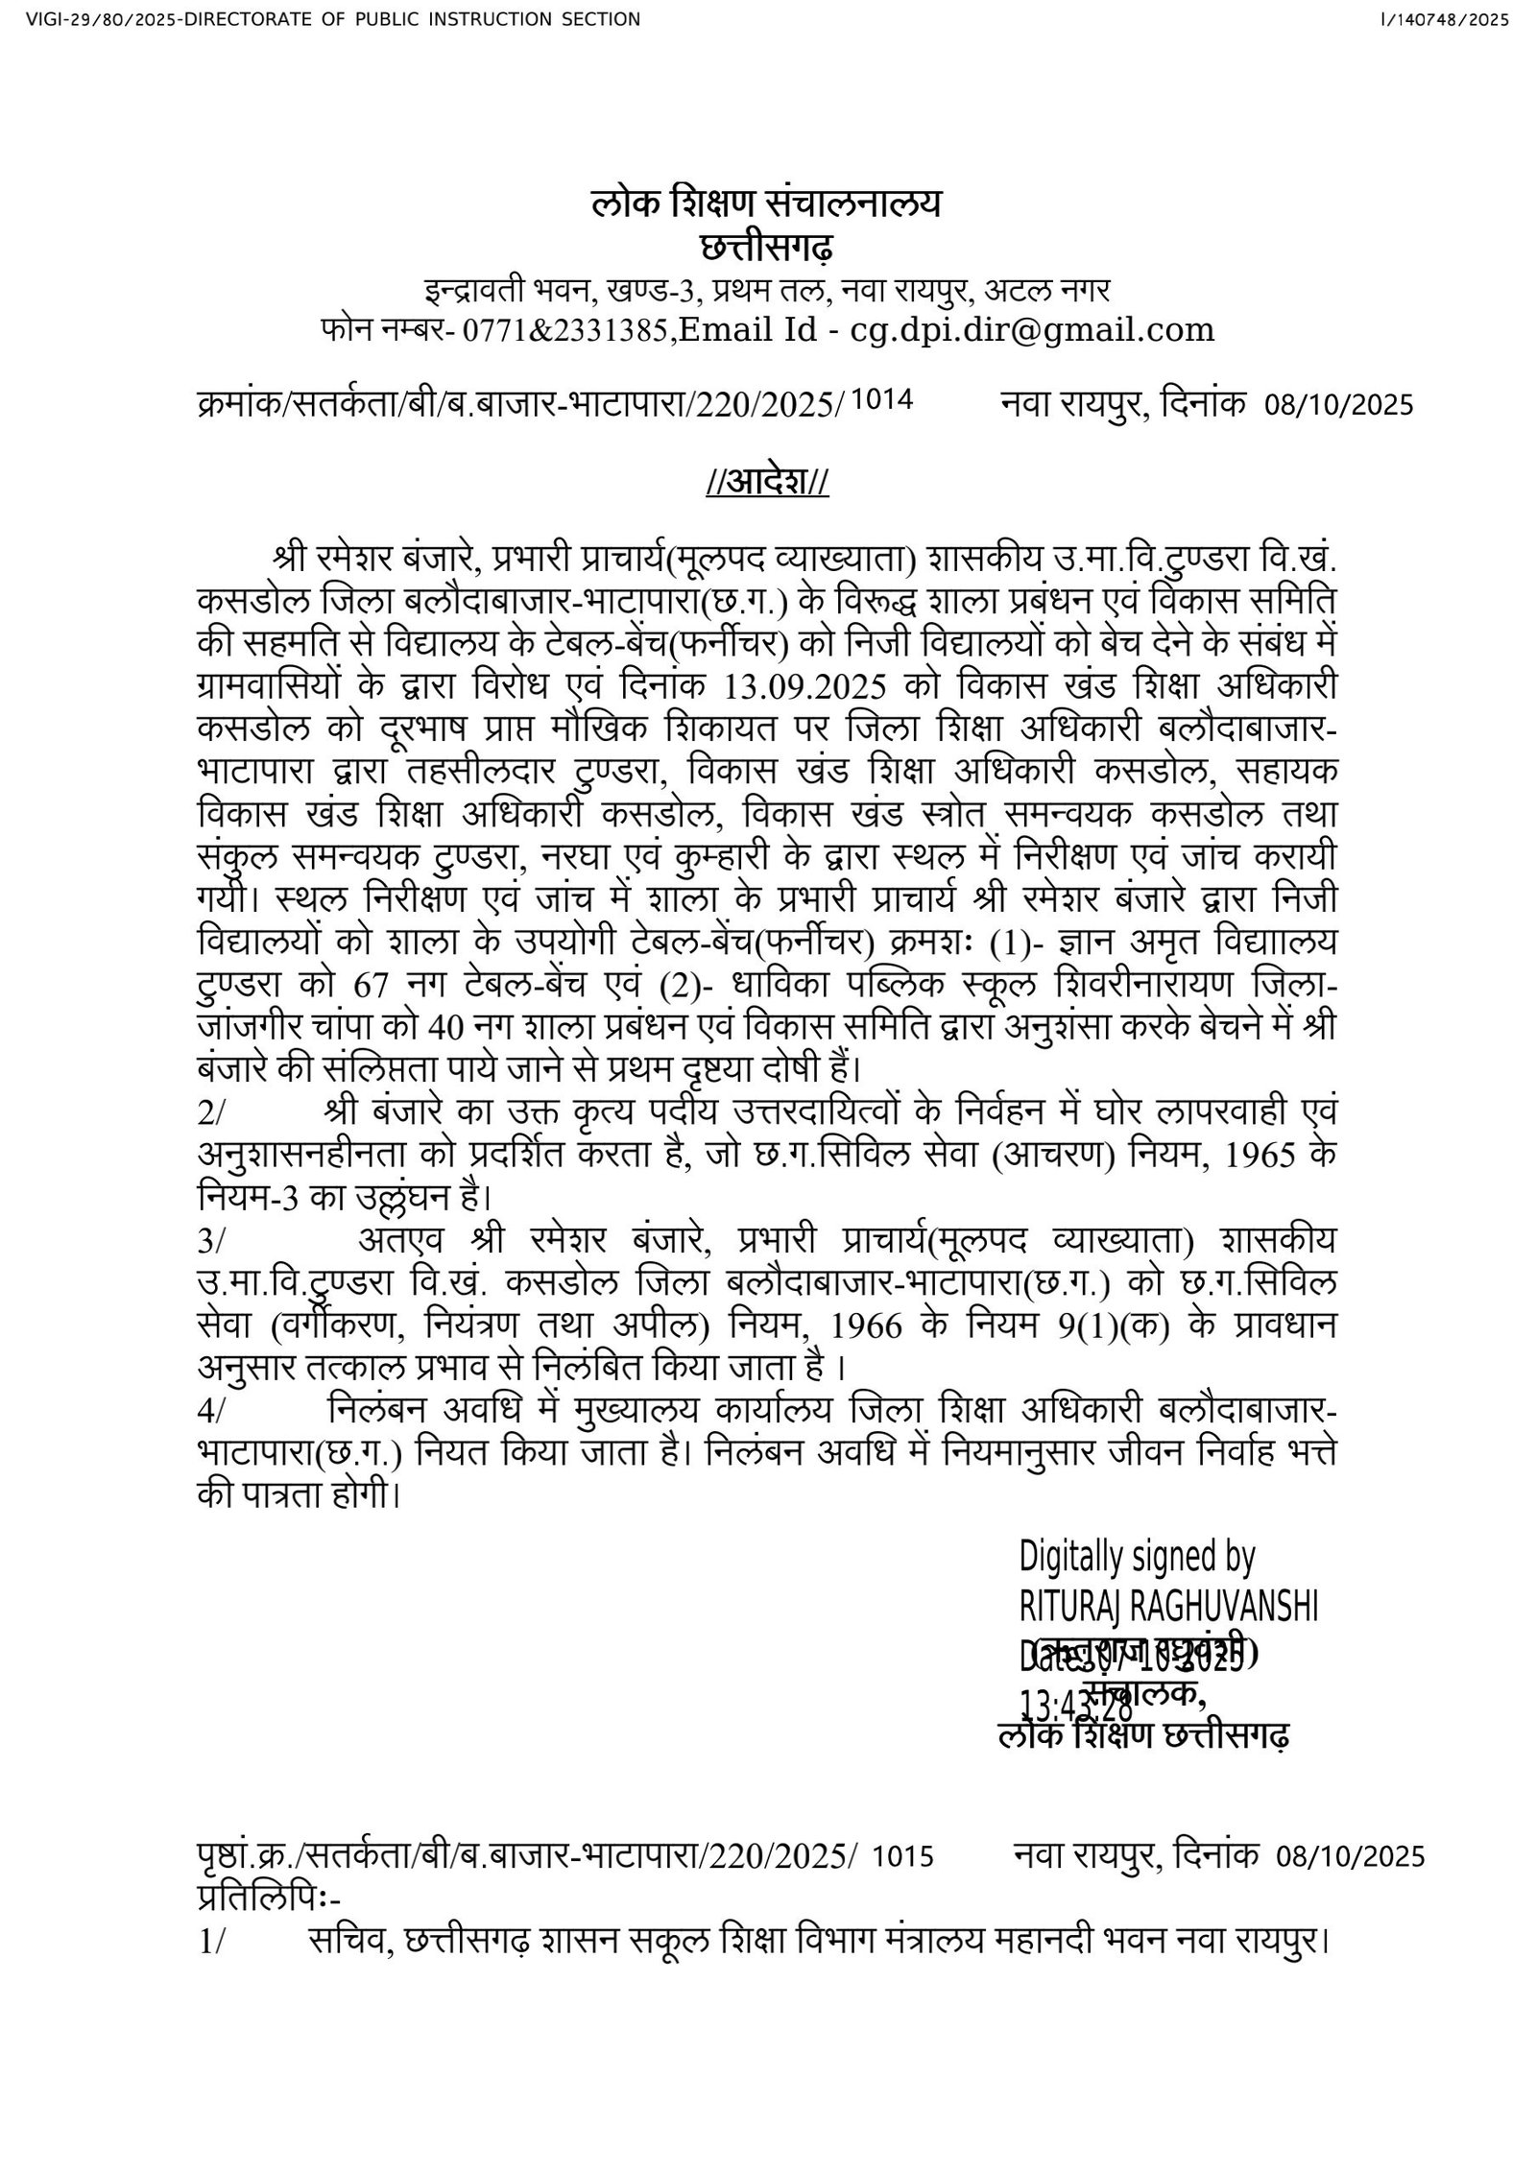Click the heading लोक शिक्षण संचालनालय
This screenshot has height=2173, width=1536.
(766, 204)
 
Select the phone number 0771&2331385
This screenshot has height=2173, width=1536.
(564, 331)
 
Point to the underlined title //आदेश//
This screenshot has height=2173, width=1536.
(766, 482)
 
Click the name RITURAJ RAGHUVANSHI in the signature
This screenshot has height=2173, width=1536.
(1167, 1606)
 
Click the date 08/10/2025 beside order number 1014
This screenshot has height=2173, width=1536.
(1339, 404)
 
